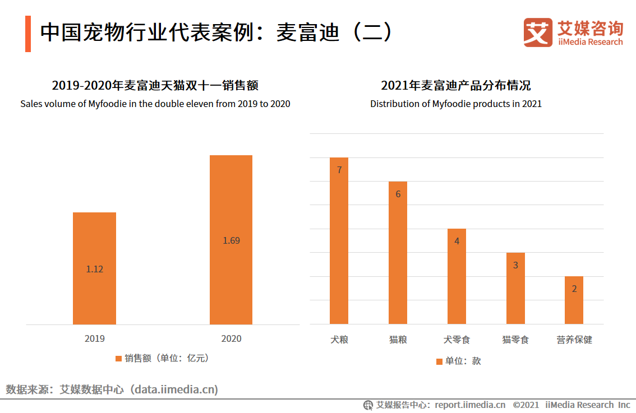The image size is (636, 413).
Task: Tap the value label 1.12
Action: click(94, 269)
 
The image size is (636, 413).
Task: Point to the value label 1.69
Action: click(231, 240)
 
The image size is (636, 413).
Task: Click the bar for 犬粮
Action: click(339, 247)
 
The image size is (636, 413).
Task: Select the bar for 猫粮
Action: click(398, 258)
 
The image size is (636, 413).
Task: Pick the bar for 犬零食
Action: click(457, 280)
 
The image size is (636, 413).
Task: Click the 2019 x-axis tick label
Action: click(94, 338)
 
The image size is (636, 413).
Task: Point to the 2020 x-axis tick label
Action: click(231, 338)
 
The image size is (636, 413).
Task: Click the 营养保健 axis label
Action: click(574, 340)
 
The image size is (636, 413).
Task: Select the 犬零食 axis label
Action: click(457, 340)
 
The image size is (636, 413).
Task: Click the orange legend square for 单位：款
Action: click(439, 361)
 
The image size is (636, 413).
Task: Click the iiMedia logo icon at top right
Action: click(538, 33)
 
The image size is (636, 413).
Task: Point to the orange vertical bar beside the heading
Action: click(27, 34)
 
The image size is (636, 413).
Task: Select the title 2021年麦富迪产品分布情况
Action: click(455, 86)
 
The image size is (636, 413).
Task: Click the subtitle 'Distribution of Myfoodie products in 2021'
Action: click(455, 104)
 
